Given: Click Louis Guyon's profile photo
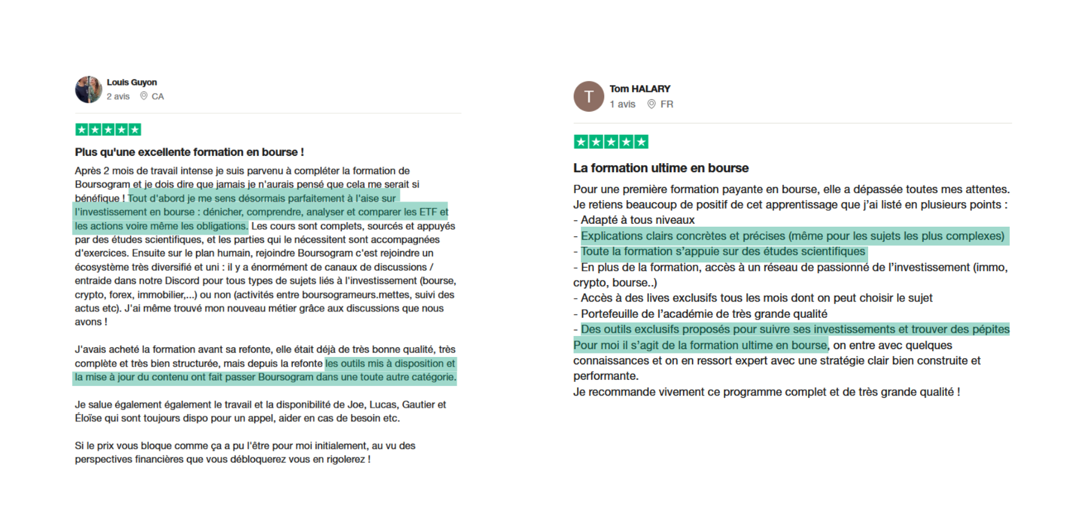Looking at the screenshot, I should coord(88,90).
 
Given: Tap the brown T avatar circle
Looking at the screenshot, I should coord(588,96).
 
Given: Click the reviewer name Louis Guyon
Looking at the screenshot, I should coord(131,82).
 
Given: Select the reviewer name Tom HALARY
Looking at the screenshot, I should coord(639,89).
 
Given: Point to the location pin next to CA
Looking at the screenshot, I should coord(144,96).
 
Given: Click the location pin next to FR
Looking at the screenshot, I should coord(651,104).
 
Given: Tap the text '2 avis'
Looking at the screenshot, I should coord(118,96).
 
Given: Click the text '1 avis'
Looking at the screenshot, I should coord(622,104).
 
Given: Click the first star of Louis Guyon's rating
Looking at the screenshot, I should coord(82,130).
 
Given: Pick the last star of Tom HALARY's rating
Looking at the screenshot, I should coord(641,142).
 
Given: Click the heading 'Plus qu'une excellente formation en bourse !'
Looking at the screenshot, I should coord(189,152).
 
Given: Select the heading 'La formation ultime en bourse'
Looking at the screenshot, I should coord(660,168).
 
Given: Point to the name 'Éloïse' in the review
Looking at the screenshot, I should coord(88,419).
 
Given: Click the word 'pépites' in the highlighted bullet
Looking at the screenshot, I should coord(991,329).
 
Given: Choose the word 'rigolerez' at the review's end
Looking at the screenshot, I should coord(346,460).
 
